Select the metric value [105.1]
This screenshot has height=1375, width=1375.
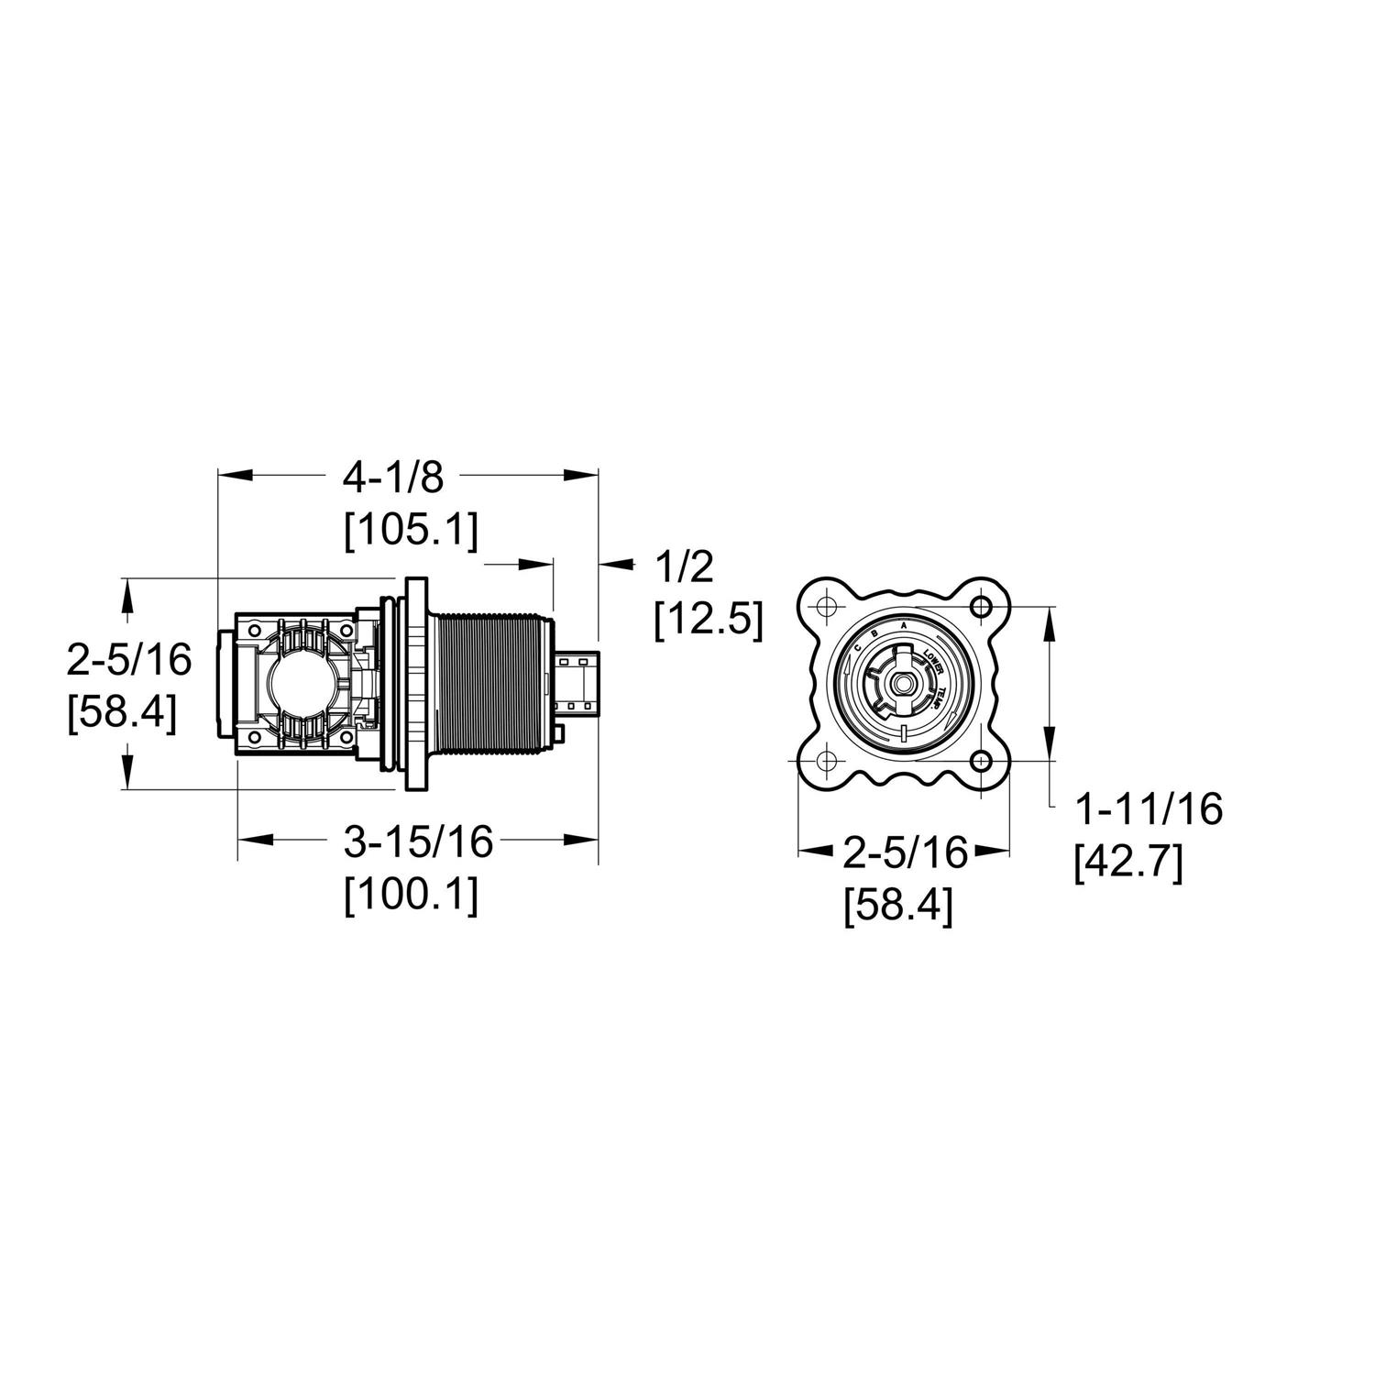click(x=411, y=532)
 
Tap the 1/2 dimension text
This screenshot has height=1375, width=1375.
click(x=683, y=568)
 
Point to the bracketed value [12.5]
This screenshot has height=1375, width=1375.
click(x=708, y=621)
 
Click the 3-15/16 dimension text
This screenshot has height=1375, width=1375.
click(x=418, y=841)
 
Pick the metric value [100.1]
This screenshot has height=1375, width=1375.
click(x=411, y=896)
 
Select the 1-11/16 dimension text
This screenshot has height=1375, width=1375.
click(x=1149, y=809)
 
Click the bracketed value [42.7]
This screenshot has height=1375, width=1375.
click(x=1127, y=863)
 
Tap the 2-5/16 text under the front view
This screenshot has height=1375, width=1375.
click(x=905, y=853)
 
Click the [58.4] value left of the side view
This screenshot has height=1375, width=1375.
click(x=121, y=713)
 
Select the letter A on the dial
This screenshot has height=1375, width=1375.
click(x=904, y=625)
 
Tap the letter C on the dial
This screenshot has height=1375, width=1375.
click(x=856, y=648)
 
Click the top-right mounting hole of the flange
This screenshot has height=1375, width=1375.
click(x=982, y=606)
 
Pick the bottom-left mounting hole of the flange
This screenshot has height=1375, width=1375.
click(x=826, y=761)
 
